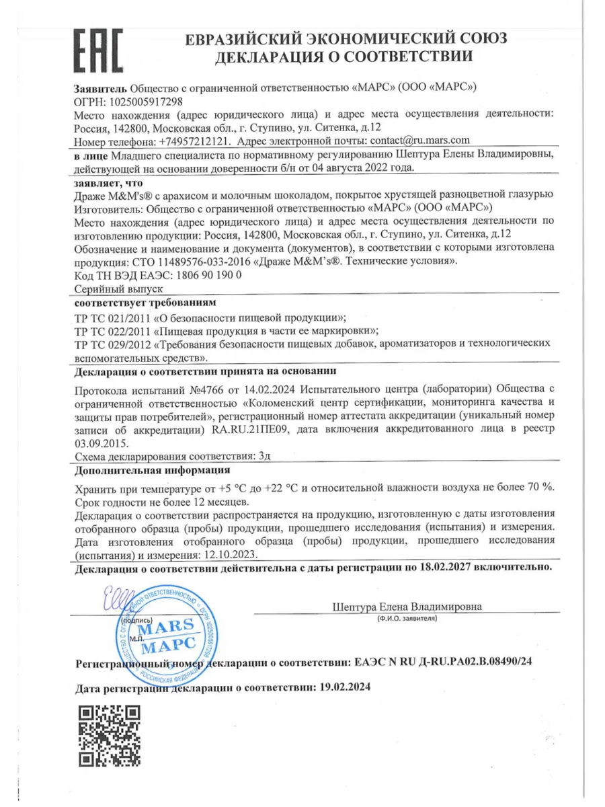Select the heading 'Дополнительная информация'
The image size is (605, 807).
pos(152,470)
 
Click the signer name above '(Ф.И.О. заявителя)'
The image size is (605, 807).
pos(407,605)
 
